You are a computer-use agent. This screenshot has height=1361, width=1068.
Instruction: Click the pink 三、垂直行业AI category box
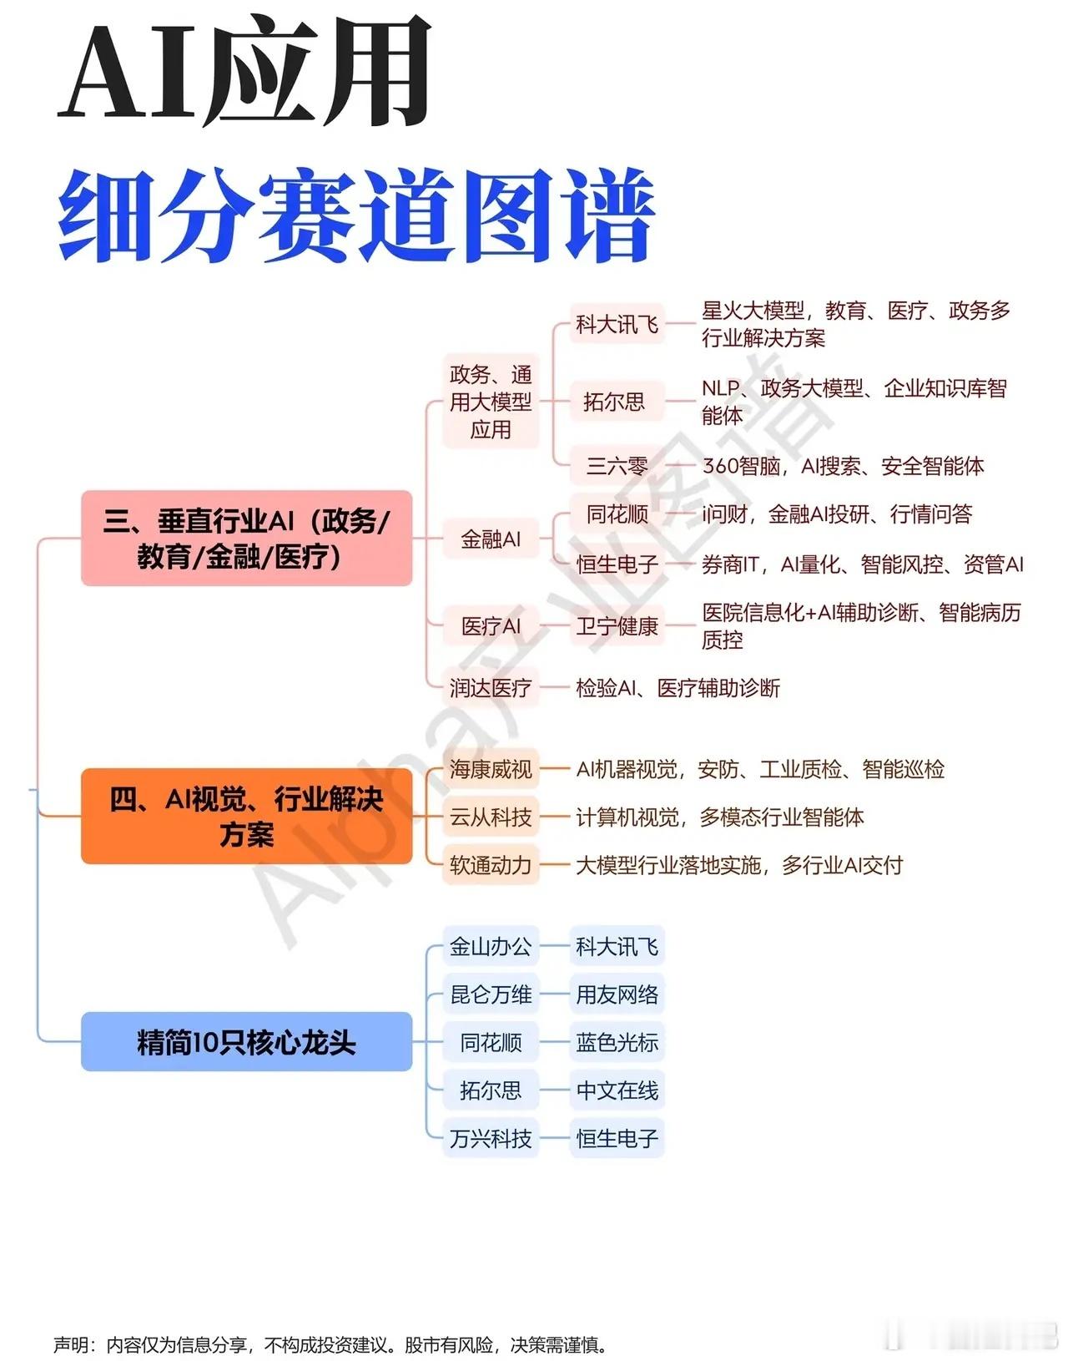(246, 538)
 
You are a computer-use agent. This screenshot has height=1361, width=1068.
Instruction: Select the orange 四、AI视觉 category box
(246, 816)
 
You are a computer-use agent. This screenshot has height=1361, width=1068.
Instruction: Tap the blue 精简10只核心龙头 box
(246, 1041)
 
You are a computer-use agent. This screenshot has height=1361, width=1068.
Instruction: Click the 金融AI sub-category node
(491, 539)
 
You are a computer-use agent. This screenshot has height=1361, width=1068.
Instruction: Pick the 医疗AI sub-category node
(491, 625)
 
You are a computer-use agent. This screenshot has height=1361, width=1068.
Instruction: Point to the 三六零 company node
(617, 465)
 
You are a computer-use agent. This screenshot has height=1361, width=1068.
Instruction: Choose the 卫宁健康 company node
(617, 625)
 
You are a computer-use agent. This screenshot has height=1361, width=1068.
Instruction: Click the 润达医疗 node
(491, 688)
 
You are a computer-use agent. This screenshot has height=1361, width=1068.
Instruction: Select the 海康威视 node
(491, 768)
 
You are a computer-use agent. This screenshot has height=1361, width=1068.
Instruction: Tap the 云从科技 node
(491, 817)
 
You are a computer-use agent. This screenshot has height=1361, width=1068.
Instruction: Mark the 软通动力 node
(491, 865)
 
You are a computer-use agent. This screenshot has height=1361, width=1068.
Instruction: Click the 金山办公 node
(491, 946)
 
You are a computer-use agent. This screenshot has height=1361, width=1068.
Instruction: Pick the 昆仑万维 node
(491, 994)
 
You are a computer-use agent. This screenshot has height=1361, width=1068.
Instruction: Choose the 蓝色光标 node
(617, 1042)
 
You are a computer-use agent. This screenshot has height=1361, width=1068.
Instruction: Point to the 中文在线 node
(617, 1090)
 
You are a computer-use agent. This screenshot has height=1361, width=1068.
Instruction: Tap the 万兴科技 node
(491, 1138)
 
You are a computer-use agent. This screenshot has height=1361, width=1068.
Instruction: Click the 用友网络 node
(617, 994)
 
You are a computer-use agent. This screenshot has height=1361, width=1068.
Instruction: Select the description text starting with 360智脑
(843, 465)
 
